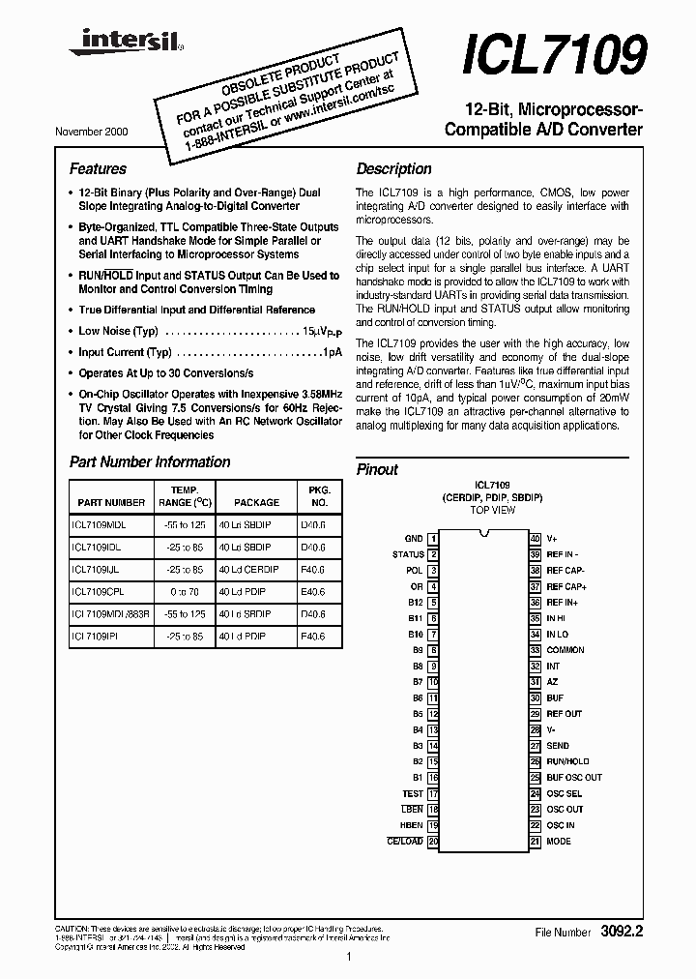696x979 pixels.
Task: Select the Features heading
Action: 98,168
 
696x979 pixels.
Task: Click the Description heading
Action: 393,168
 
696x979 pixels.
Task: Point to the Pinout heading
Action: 377,469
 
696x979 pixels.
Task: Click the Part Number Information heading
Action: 150,462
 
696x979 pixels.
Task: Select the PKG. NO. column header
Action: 318,496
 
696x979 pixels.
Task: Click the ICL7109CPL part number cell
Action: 99,591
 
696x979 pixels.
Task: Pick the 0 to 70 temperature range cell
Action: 184,591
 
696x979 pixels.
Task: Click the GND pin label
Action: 413,539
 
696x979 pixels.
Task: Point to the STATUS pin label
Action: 408,554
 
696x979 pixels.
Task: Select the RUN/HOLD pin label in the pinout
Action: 567,761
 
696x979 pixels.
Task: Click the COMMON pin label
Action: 565,650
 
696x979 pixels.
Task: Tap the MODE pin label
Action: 559,841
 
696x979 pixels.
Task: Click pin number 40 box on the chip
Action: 535,539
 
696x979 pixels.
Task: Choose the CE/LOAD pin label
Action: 405,841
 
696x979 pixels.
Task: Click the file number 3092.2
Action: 623,932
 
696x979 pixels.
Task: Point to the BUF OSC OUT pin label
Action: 574,777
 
